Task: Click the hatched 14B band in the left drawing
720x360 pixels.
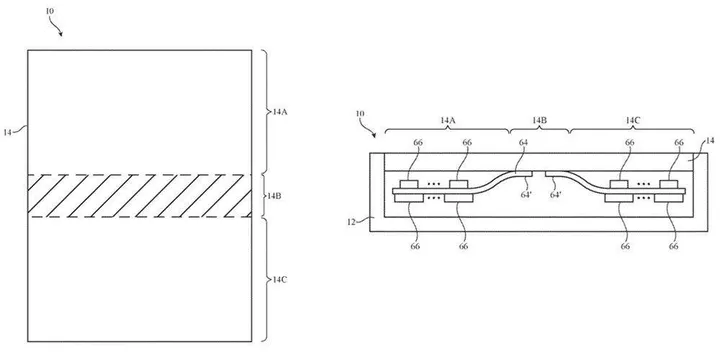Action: pos(139,196)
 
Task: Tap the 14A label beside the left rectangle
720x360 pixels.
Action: pos(281,112)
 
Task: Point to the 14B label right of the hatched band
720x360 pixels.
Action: pos(276,196)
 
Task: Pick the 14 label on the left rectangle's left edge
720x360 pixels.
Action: pos(9,131)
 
